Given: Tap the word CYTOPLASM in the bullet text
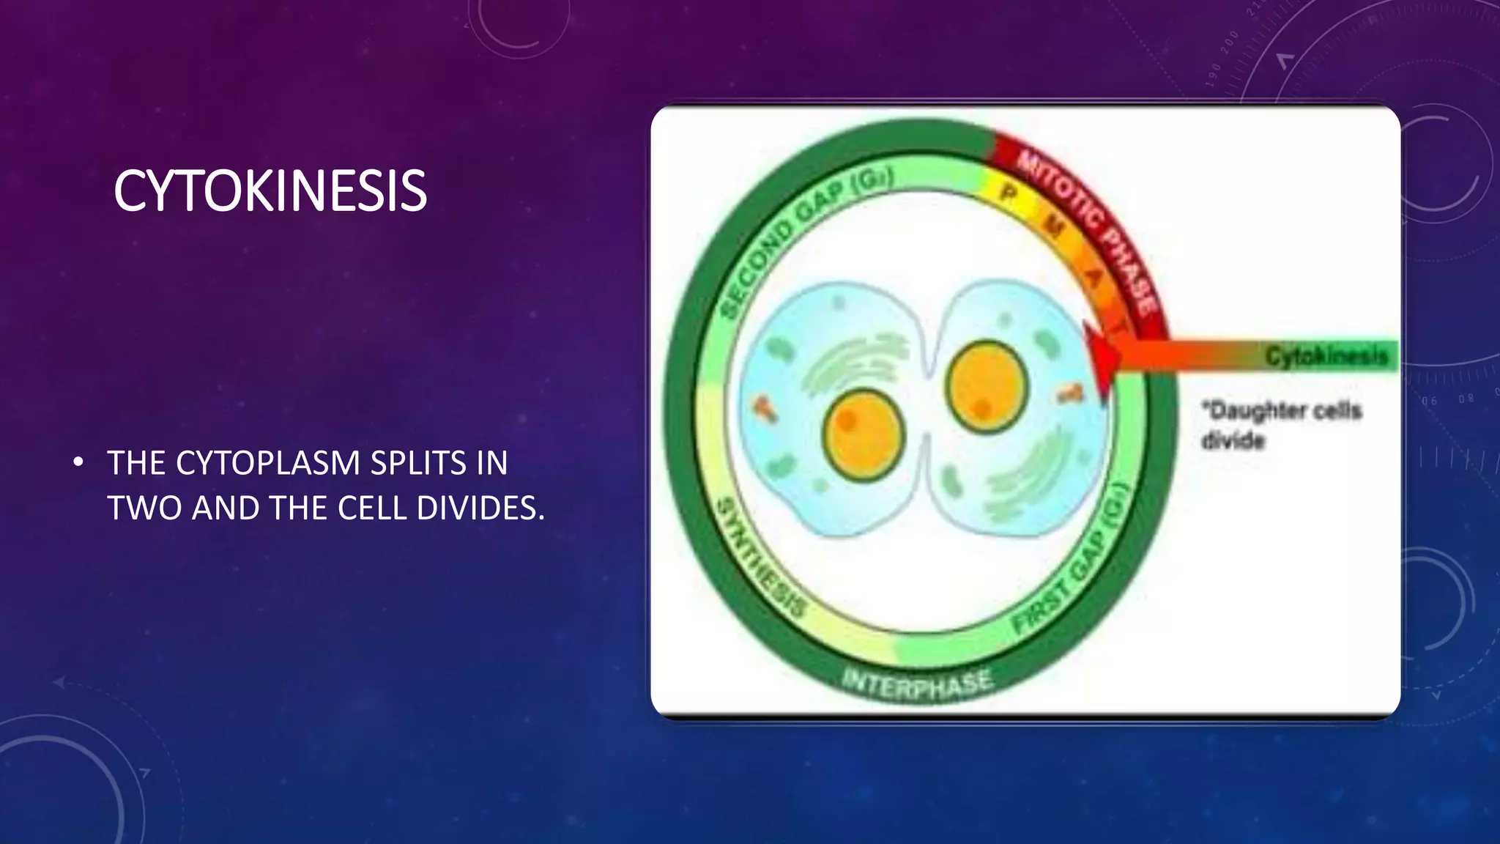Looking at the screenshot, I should pos(268,464).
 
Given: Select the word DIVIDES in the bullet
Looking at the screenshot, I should pos(480,508).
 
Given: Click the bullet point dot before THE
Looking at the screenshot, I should pos(78,463).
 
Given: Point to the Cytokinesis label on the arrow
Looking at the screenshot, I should pos(1326,356).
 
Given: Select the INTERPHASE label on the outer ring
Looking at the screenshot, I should pos(917,684).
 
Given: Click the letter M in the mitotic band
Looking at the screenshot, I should pos(1053,228).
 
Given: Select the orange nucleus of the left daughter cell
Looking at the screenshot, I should pos(864,435).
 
